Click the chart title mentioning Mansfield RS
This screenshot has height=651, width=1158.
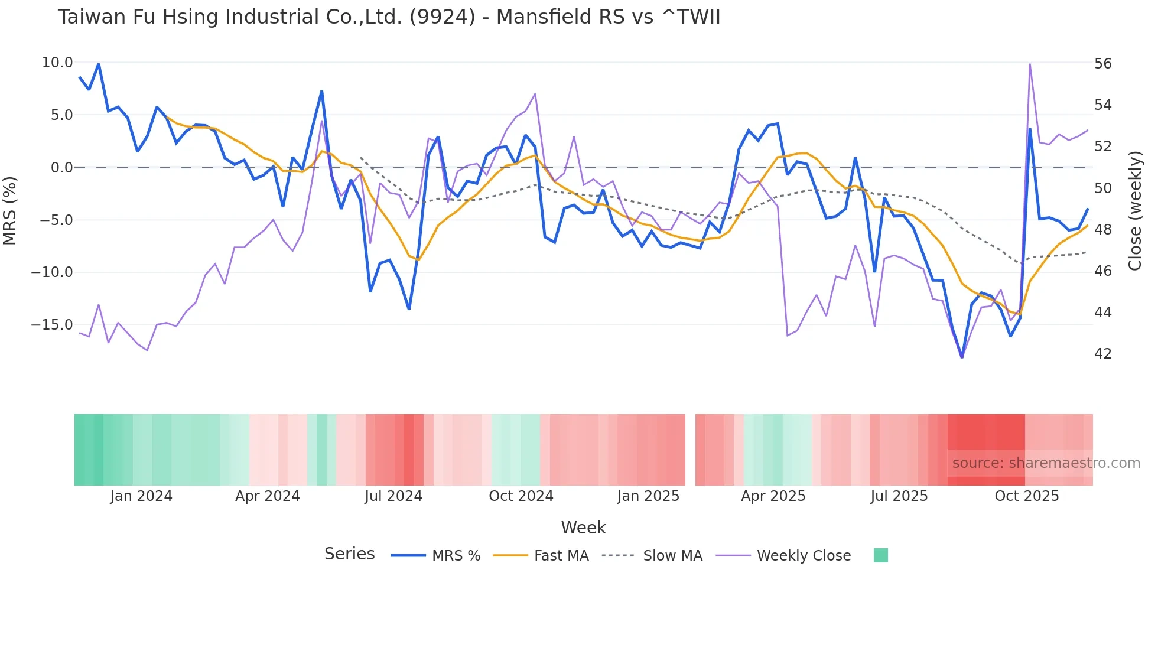click(389, 17)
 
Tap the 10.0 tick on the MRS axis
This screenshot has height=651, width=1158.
click(57, 63)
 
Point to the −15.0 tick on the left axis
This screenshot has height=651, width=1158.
click(53, 325)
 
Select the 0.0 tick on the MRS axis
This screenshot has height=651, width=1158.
click(62, 168)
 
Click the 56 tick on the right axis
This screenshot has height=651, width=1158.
click(1102, 64)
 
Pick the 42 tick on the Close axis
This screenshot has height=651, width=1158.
click(1102, 354)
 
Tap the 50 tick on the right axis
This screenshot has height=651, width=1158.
click(1102, 188)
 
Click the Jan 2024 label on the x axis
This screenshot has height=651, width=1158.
click(141, 496)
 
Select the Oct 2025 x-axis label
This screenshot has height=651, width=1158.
click(1026, 496)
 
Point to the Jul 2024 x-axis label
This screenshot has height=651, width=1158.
click(393, 496)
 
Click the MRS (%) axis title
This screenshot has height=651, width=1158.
click(10, 210)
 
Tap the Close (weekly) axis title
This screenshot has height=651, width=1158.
click(1135, 211)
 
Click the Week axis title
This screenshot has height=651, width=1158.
click(583, 528)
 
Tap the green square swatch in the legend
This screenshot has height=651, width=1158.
click(880, 555)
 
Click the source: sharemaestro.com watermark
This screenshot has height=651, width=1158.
click(1046, 463)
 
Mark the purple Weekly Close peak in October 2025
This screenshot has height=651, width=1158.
click(1030, 64)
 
